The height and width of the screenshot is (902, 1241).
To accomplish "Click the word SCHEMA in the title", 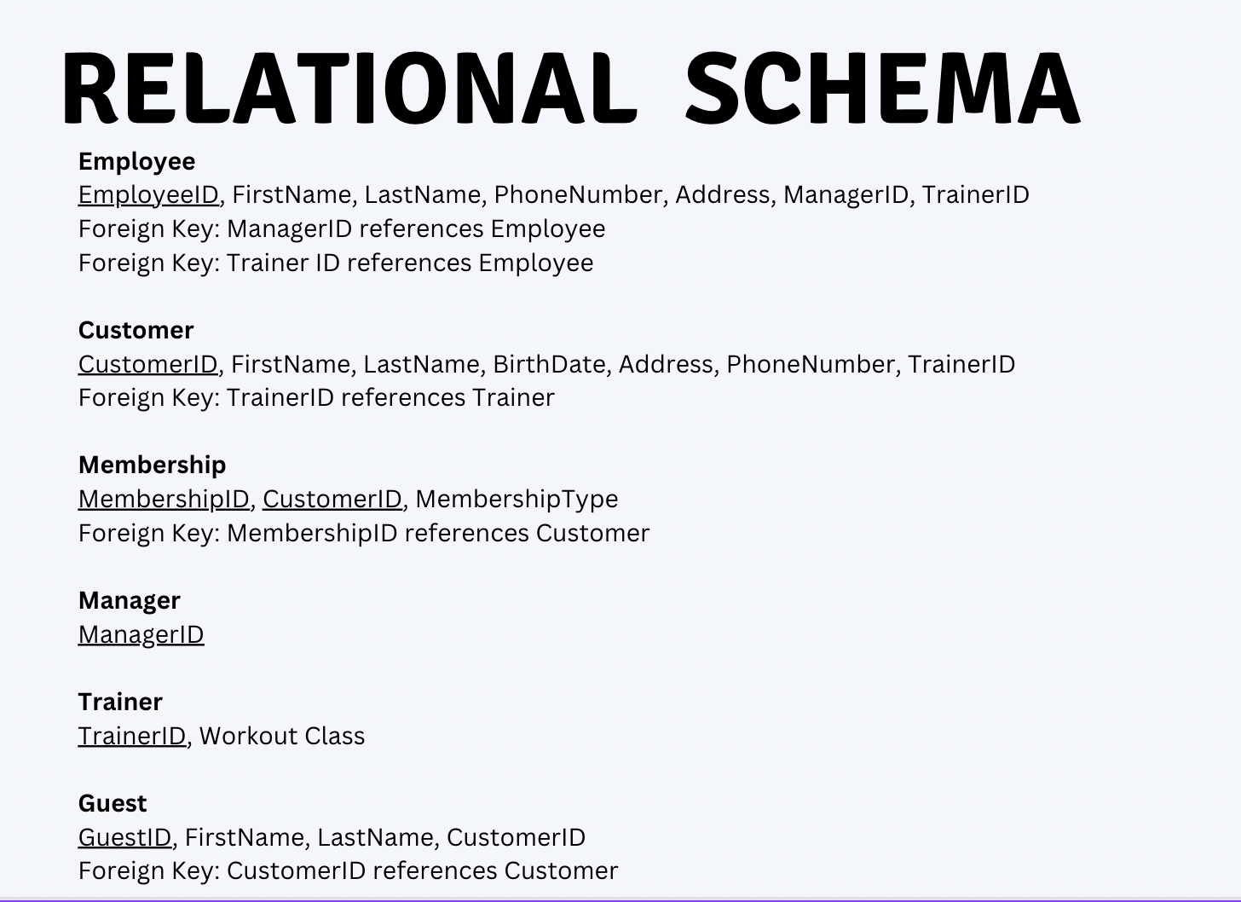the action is pyautogui.click(x=883, y=88).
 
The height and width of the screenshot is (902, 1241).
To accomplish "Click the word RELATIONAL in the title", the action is pyautogui.click(x=350, y=88).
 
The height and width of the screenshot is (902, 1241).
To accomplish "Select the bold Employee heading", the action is pyautogui.click(x=137, y=162).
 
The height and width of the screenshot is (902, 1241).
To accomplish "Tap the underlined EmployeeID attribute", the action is pyautogui.click(x=148, y=195).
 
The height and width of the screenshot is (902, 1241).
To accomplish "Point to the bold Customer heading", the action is pyautogui.click(x=136, y=330).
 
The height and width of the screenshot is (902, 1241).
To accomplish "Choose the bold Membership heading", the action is pyautogui.click(x=153, y=465).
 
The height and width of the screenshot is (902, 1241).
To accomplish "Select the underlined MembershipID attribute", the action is pyautogui.click(x=164, y=500).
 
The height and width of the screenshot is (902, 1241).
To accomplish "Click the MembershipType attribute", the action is pyautogui.click(x=517, y=500).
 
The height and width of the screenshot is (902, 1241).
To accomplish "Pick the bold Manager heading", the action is pyautogui.click(x=130, y=601).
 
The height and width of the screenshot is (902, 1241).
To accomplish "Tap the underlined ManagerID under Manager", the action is pyautogui.click(x=141, y=635).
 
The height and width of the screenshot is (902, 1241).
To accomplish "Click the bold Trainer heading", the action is pyautogui.click(x=120, y=702).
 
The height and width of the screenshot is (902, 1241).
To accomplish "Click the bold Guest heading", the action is pyautogui.click(x=113, y=803).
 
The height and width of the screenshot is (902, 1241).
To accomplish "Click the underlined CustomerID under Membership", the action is pyautogui.click(x=332, y=500).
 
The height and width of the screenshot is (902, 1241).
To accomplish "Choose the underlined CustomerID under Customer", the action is pyautogui.click(x=148, y=365).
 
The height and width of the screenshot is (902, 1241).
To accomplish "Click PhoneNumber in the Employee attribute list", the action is pyautogui.click(x=578, y=195).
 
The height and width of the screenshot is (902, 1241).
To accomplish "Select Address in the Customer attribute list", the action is pyautogui.click(x=666, y=365).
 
